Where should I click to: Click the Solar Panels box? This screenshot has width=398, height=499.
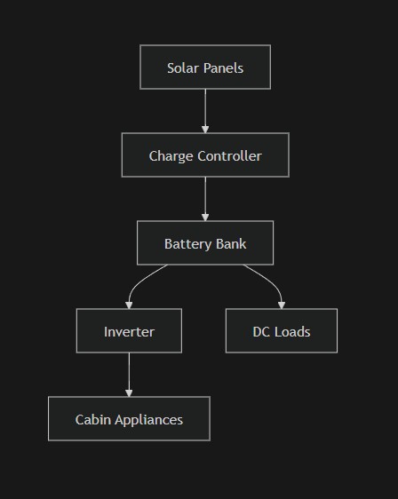[x=205, y=67]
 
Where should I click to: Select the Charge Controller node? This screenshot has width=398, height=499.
[x=205, y=155]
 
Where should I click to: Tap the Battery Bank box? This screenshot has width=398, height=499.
[x=205, y=243]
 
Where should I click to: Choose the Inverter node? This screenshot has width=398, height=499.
[x=129, y=331]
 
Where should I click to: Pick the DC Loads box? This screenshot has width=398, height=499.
[x=281, y=331]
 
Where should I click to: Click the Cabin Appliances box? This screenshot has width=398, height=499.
[x=129, y=419]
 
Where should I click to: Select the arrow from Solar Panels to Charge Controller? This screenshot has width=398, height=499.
[x=205, y=111]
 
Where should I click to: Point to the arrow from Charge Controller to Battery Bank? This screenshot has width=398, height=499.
[x=205, y=199]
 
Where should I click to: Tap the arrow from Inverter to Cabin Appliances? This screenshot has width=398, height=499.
[x=129, y=375]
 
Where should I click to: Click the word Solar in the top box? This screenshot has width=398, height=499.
[x=182, y=67]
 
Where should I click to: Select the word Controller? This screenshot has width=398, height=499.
[x=230, y=155]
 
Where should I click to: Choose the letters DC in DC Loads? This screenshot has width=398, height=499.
[x=261, y=331]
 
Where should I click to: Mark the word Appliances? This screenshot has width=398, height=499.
[x=151, y=419]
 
